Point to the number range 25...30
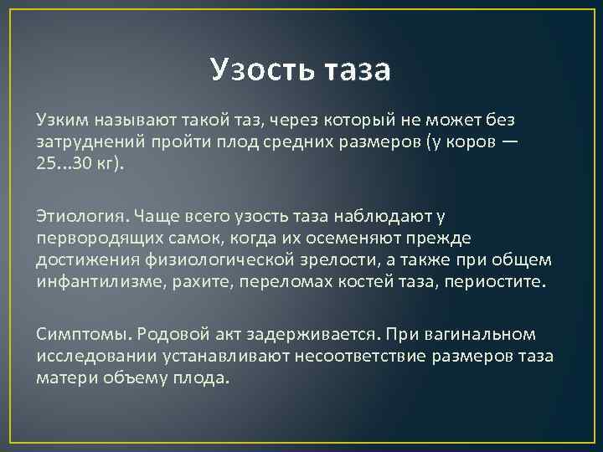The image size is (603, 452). click(64, 162)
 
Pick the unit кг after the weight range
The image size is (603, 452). click(108, 162)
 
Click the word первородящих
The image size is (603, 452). click(90, 238)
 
